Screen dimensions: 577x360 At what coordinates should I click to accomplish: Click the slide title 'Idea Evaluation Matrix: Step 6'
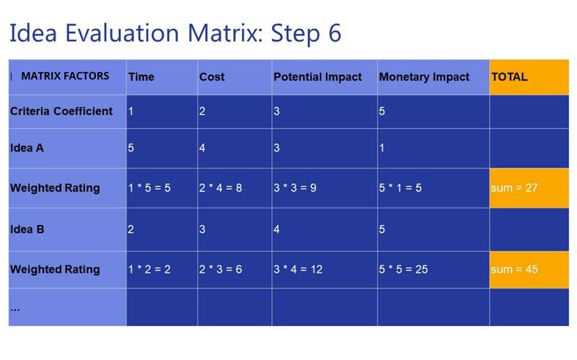pos(175,33)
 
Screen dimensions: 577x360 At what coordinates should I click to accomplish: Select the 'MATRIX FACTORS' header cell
pos(67,77)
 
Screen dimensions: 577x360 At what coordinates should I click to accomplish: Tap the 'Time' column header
pos(162,77)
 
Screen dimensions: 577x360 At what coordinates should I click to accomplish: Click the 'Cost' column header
pos(235,77)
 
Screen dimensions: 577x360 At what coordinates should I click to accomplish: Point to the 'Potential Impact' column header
pos(325,77)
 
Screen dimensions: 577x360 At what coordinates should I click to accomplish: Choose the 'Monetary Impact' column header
pos(433,77)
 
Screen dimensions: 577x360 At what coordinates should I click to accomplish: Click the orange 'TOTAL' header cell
pos(529,77)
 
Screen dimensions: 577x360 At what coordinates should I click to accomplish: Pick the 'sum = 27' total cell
pos(529,188)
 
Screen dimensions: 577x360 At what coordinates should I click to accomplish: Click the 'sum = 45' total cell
pos(529,269)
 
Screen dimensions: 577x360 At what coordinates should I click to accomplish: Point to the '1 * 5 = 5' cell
pos(162,188)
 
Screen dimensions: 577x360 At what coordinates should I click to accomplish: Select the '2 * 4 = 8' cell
pos(235,188)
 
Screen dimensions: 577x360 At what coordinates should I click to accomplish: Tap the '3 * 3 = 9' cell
pos(325,188)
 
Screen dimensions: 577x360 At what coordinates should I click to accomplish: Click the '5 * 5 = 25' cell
pos(433,269)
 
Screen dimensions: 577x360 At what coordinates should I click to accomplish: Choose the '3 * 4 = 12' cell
pos(325,269)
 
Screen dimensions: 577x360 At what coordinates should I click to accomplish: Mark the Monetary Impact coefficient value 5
pos(382,111)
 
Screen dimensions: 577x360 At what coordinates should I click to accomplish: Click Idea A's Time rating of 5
pos(131,148)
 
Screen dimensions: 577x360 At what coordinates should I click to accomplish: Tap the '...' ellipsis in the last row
pos(15,309)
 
